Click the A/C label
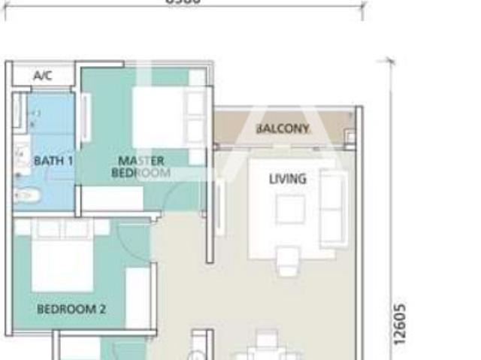coord(42,76)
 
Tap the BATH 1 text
coord(53,160)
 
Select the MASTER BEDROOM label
coord(141,166)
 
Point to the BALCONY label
coord(283,129)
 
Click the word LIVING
coord(288,179)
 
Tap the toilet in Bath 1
coord(25,195)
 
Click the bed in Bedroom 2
coord(62,256)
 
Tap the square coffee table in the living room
coord(290,209)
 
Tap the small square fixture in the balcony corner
coord(349,137)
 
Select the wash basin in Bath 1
coord(22,159)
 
